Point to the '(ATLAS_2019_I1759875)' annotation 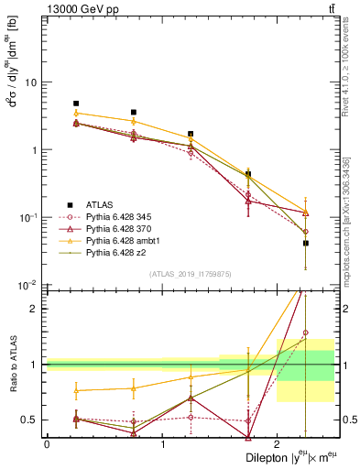tap(190, 272)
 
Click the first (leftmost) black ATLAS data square tap(76, 104)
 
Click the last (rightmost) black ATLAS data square tap(306, 243)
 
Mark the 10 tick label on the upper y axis tap(29, 82)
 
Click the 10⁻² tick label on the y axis tap(27, 285)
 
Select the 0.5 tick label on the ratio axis tap(30, 420)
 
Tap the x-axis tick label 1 tap(162, 444)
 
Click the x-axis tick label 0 tap(47, 444)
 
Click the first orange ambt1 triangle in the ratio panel tap(76, 390)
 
